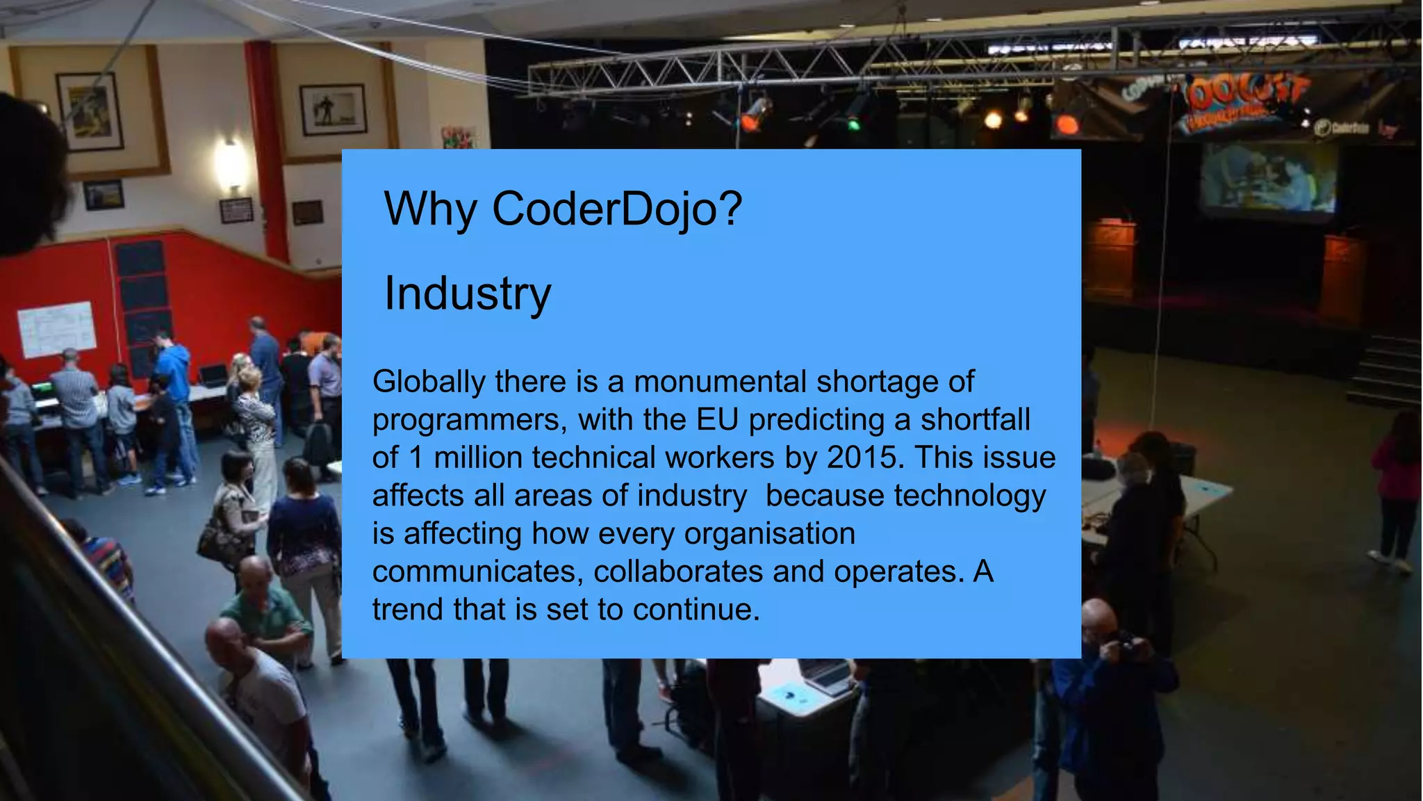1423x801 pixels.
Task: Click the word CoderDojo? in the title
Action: point(617,209)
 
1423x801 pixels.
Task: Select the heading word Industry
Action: point(468,293)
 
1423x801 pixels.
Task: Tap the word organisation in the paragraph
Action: point(769,534)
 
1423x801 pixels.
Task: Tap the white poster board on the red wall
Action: point(56,328)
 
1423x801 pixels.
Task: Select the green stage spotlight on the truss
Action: point(853,124)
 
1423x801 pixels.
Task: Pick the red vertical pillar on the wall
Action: point(266,149)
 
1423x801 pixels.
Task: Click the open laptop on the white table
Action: point(825,674)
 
